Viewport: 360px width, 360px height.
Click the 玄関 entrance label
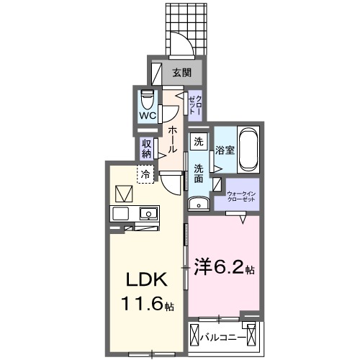pos(181,72)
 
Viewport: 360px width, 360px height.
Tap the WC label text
pos(147,114)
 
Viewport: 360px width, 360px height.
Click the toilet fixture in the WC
pos(148,98)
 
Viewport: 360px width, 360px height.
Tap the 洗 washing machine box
pos(199,143)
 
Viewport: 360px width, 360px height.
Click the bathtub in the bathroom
pos(249,149)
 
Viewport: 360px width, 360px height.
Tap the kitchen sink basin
pos(149,213)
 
